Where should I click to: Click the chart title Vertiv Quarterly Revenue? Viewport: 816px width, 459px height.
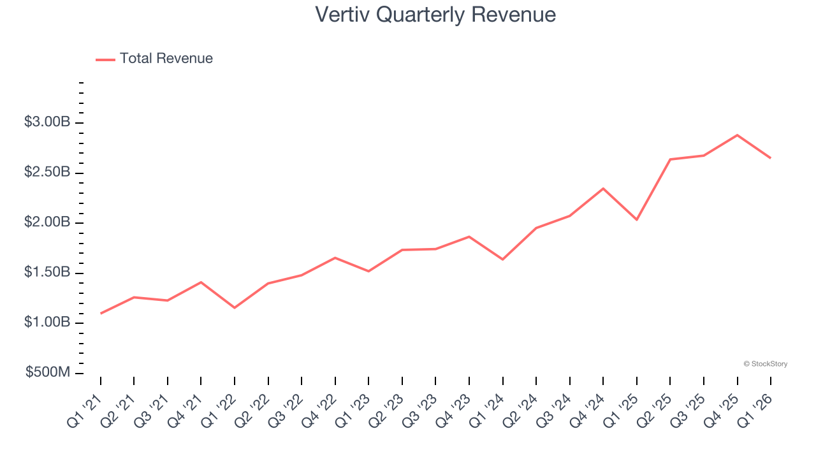[435, 15]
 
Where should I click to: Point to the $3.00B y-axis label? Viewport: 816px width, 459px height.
[47, 122]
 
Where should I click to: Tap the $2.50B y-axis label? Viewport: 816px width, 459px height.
[47, 173]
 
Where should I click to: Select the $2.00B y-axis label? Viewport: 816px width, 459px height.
[47, 222]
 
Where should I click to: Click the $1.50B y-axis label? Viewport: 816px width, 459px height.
[47, 273]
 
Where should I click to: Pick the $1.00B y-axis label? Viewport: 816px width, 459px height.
[47, 323]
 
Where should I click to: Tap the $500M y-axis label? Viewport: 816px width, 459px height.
[48, 372]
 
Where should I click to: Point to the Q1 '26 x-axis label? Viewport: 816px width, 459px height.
[756, 408]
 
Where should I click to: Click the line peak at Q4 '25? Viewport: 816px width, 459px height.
[737, 135]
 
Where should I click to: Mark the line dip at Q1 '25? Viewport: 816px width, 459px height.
[637, 220]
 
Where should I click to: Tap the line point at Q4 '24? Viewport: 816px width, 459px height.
[603, 188]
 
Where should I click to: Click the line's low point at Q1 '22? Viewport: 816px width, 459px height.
[235, 308]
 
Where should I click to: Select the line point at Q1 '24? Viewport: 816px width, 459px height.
[503, 259]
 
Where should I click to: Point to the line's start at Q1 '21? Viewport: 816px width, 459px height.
[101, 314]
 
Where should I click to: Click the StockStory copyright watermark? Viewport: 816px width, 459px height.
[765, 364]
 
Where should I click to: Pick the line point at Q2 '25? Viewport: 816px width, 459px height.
[670, 159]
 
